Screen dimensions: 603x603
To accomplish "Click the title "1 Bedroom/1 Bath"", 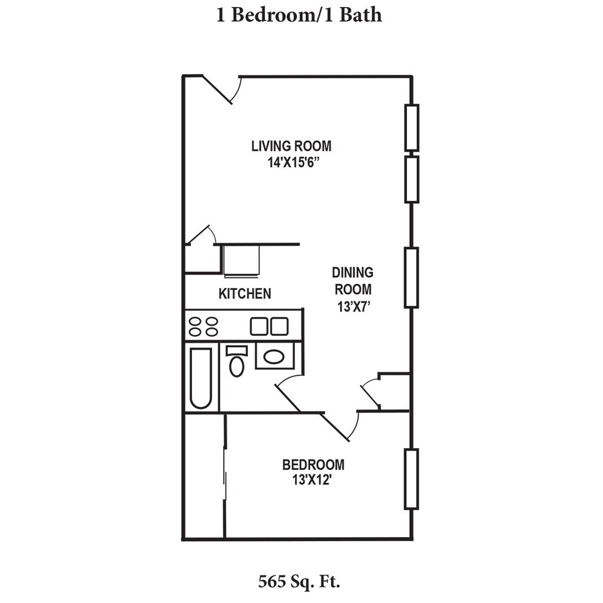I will pos(299,14).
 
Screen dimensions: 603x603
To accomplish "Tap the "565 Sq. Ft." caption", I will pos(300,582).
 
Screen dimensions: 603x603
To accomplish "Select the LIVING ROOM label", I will pos(291,145).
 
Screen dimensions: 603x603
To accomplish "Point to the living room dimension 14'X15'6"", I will pos(291,161).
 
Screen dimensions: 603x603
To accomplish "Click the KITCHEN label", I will pos(245,293).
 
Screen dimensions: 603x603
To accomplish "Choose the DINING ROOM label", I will pos(353,281).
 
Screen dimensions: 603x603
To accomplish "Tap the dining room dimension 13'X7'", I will pos(353,306).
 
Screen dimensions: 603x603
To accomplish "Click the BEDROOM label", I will pos(313,465).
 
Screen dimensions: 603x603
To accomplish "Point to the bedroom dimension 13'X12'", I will pos(313,480).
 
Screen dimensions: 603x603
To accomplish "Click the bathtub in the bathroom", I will pos(201,377).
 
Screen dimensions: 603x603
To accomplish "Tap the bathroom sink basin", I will pos(274,356).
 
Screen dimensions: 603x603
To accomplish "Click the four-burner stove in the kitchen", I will pos(203,326).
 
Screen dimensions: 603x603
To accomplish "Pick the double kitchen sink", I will pos(269,326).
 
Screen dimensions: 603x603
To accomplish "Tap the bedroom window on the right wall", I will pos(411,479).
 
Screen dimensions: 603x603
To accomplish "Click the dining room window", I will pos(411,277).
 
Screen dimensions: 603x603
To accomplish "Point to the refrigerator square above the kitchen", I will pos(241,260).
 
